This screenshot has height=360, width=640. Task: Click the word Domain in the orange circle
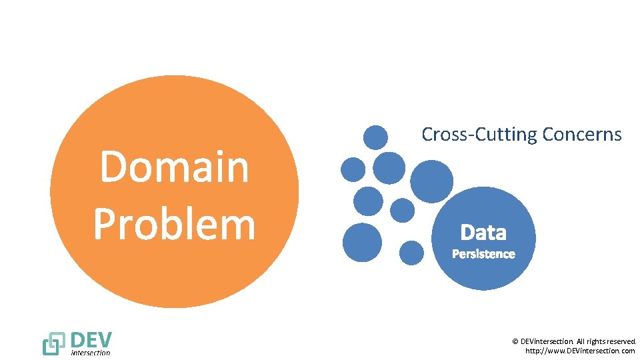point(174,167)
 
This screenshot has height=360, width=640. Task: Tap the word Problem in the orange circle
point(174,224)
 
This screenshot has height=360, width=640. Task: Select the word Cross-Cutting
point(479,135)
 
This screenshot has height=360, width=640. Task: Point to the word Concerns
point(581,135)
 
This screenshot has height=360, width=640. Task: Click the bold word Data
point(483,233)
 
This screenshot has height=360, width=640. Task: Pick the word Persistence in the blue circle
point(483,254)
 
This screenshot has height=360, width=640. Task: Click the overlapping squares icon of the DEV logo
point(53,343)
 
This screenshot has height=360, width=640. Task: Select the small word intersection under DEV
point(91,352)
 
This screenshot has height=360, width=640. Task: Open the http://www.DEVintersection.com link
point(580,351)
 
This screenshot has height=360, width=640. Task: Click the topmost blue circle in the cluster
point(375,137)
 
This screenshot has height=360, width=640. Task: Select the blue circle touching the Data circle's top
point(431,181)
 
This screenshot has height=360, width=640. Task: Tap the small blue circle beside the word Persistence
point(411,253)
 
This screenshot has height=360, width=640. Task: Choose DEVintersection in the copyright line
point(545,341)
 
